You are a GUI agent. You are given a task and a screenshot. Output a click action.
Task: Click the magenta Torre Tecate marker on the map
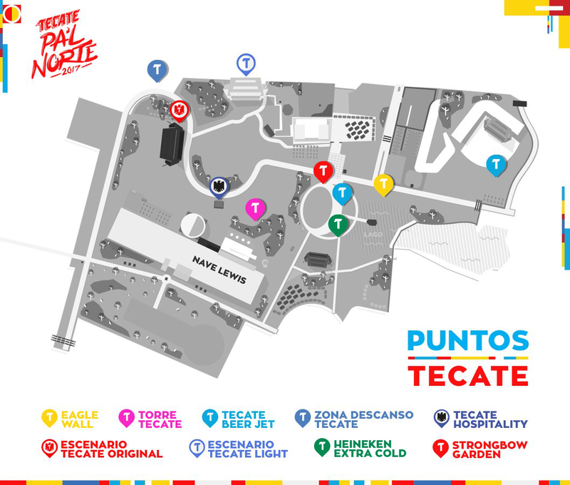[255, 208]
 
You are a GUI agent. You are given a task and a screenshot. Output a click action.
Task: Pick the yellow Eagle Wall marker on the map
[383, 184]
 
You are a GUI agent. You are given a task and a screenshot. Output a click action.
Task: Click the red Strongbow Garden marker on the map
[323, 171]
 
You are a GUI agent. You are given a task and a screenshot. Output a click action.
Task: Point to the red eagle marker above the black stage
[179, 110]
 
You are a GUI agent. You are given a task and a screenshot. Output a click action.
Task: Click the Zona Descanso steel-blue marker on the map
[157, 69]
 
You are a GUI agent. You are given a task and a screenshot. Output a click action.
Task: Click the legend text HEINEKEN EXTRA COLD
[370, 449]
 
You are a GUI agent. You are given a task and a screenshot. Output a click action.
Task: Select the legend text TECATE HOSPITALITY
[490, 419]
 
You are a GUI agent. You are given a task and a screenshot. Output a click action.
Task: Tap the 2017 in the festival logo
[71, 69]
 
